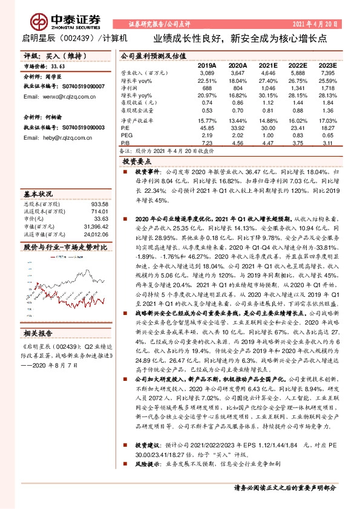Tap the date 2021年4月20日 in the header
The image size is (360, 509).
pyautogui.click(x=316, y=25)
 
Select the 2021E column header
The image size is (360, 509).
pyautogui.click(x=267, y=65)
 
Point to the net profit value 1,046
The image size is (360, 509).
pyautogui.click(x=267, y=88)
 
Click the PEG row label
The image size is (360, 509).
pyautogui.click(x=126, y=136)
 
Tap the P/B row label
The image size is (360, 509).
pyautogui.click(x=126, y=143)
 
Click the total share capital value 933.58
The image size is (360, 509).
pyautogui.click(x=97, y=206)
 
